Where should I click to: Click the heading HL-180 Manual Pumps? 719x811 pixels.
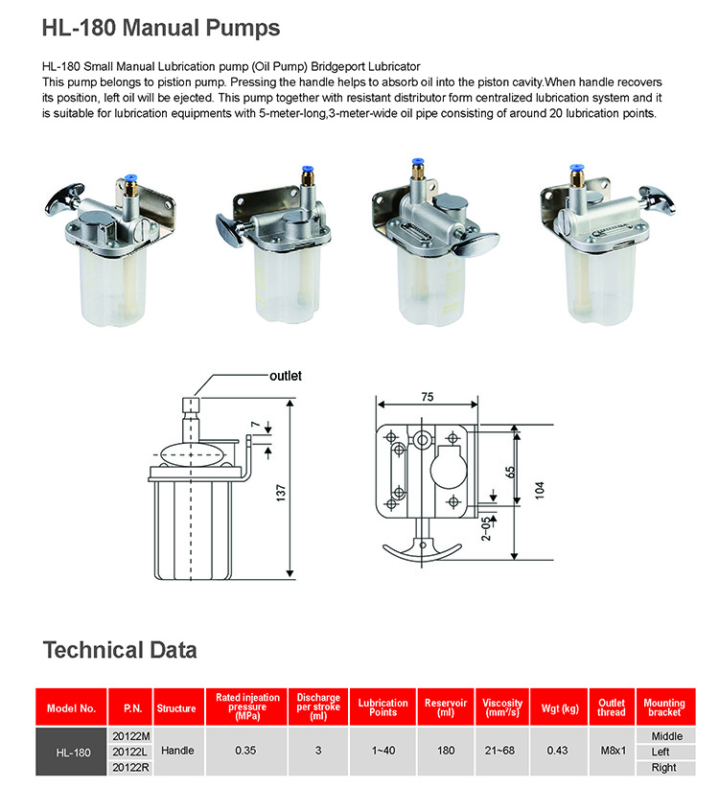click(161, 28)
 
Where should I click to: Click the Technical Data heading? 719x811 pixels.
click(120, 650)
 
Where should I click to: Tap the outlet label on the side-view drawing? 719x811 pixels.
click(285, 376)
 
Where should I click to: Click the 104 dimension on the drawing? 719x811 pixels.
click(541, 489)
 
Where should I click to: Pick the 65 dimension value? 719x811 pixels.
click(511, 472)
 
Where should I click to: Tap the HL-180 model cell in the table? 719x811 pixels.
click(73, 753)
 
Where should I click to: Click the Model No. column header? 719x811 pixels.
click(72, 709)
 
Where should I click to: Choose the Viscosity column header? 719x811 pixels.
click(502, 708)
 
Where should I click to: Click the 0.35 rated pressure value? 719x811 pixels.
click(245, 753)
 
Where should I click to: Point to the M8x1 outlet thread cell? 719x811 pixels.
click(611, 753)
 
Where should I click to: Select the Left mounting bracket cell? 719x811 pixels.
click(663, 753)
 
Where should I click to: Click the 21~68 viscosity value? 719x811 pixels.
click(502, 753)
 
